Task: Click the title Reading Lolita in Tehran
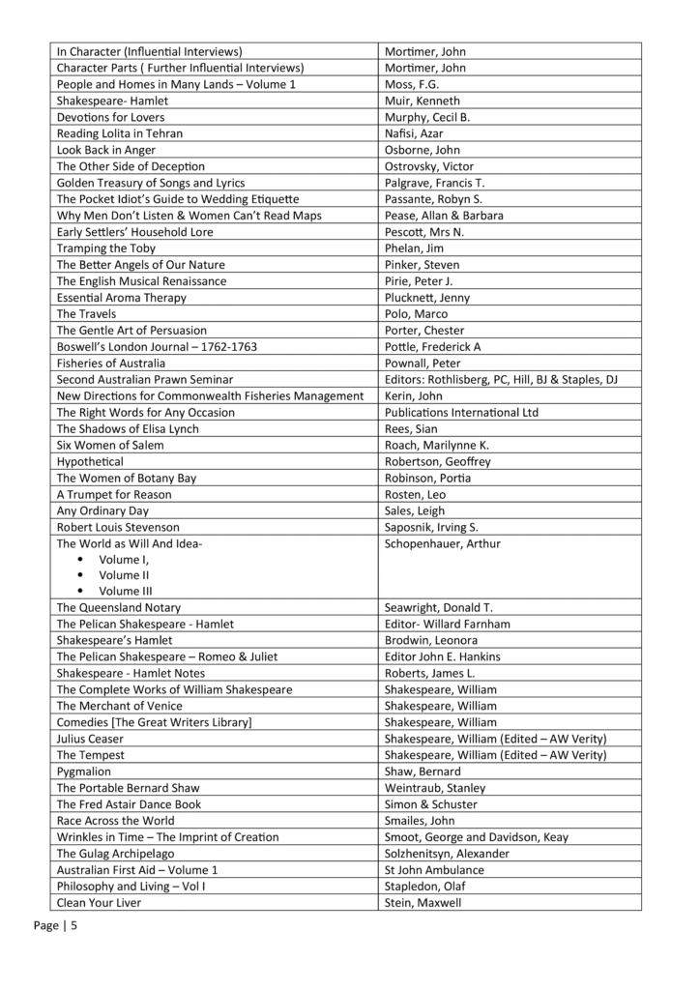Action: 120,133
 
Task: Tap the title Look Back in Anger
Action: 106,150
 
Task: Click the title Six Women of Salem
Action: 110,446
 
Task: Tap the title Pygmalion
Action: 84,772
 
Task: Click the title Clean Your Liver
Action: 100,903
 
